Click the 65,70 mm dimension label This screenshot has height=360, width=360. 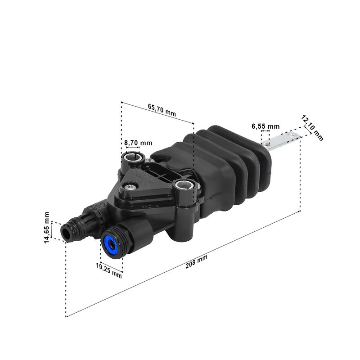tap(162, 110)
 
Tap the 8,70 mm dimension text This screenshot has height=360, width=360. tap(138, 143)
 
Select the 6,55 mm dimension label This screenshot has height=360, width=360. tap(265, 126)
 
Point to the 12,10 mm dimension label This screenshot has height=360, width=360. tap(312, 128)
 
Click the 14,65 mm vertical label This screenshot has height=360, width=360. tap(47, 228)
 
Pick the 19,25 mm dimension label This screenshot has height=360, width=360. tap(109, 270)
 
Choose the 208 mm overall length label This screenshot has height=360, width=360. tap(196, 261)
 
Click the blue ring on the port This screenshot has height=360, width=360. tap(111, 245)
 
